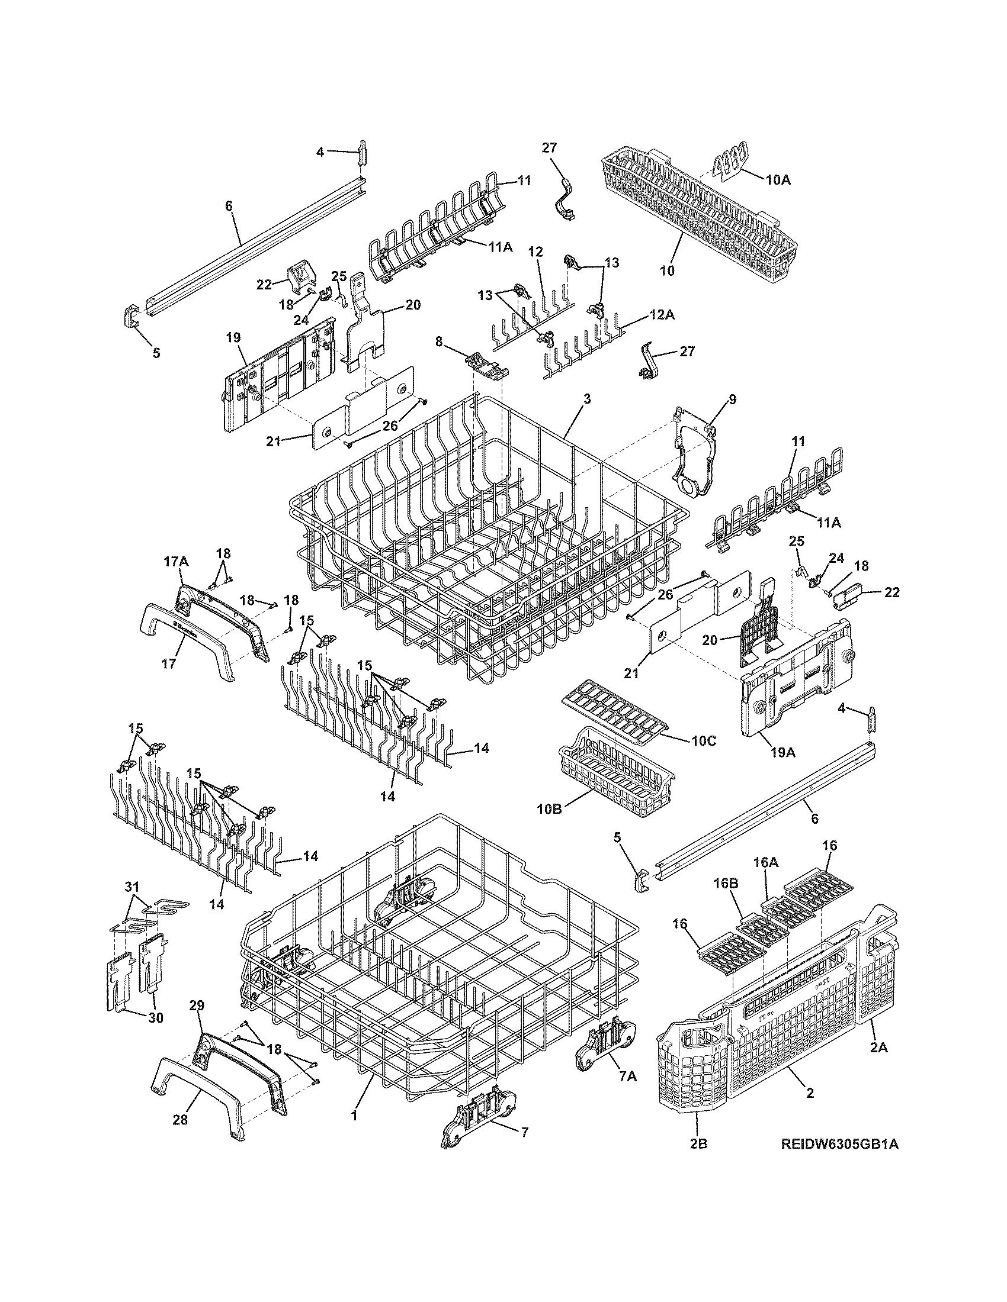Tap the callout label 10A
(x=778, y=179)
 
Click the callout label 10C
(x=703, y=741)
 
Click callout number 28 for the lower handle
(x=179, y=1120)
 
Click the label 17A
(x=176, y=561)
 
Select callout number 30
(x=155, y=1019)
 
